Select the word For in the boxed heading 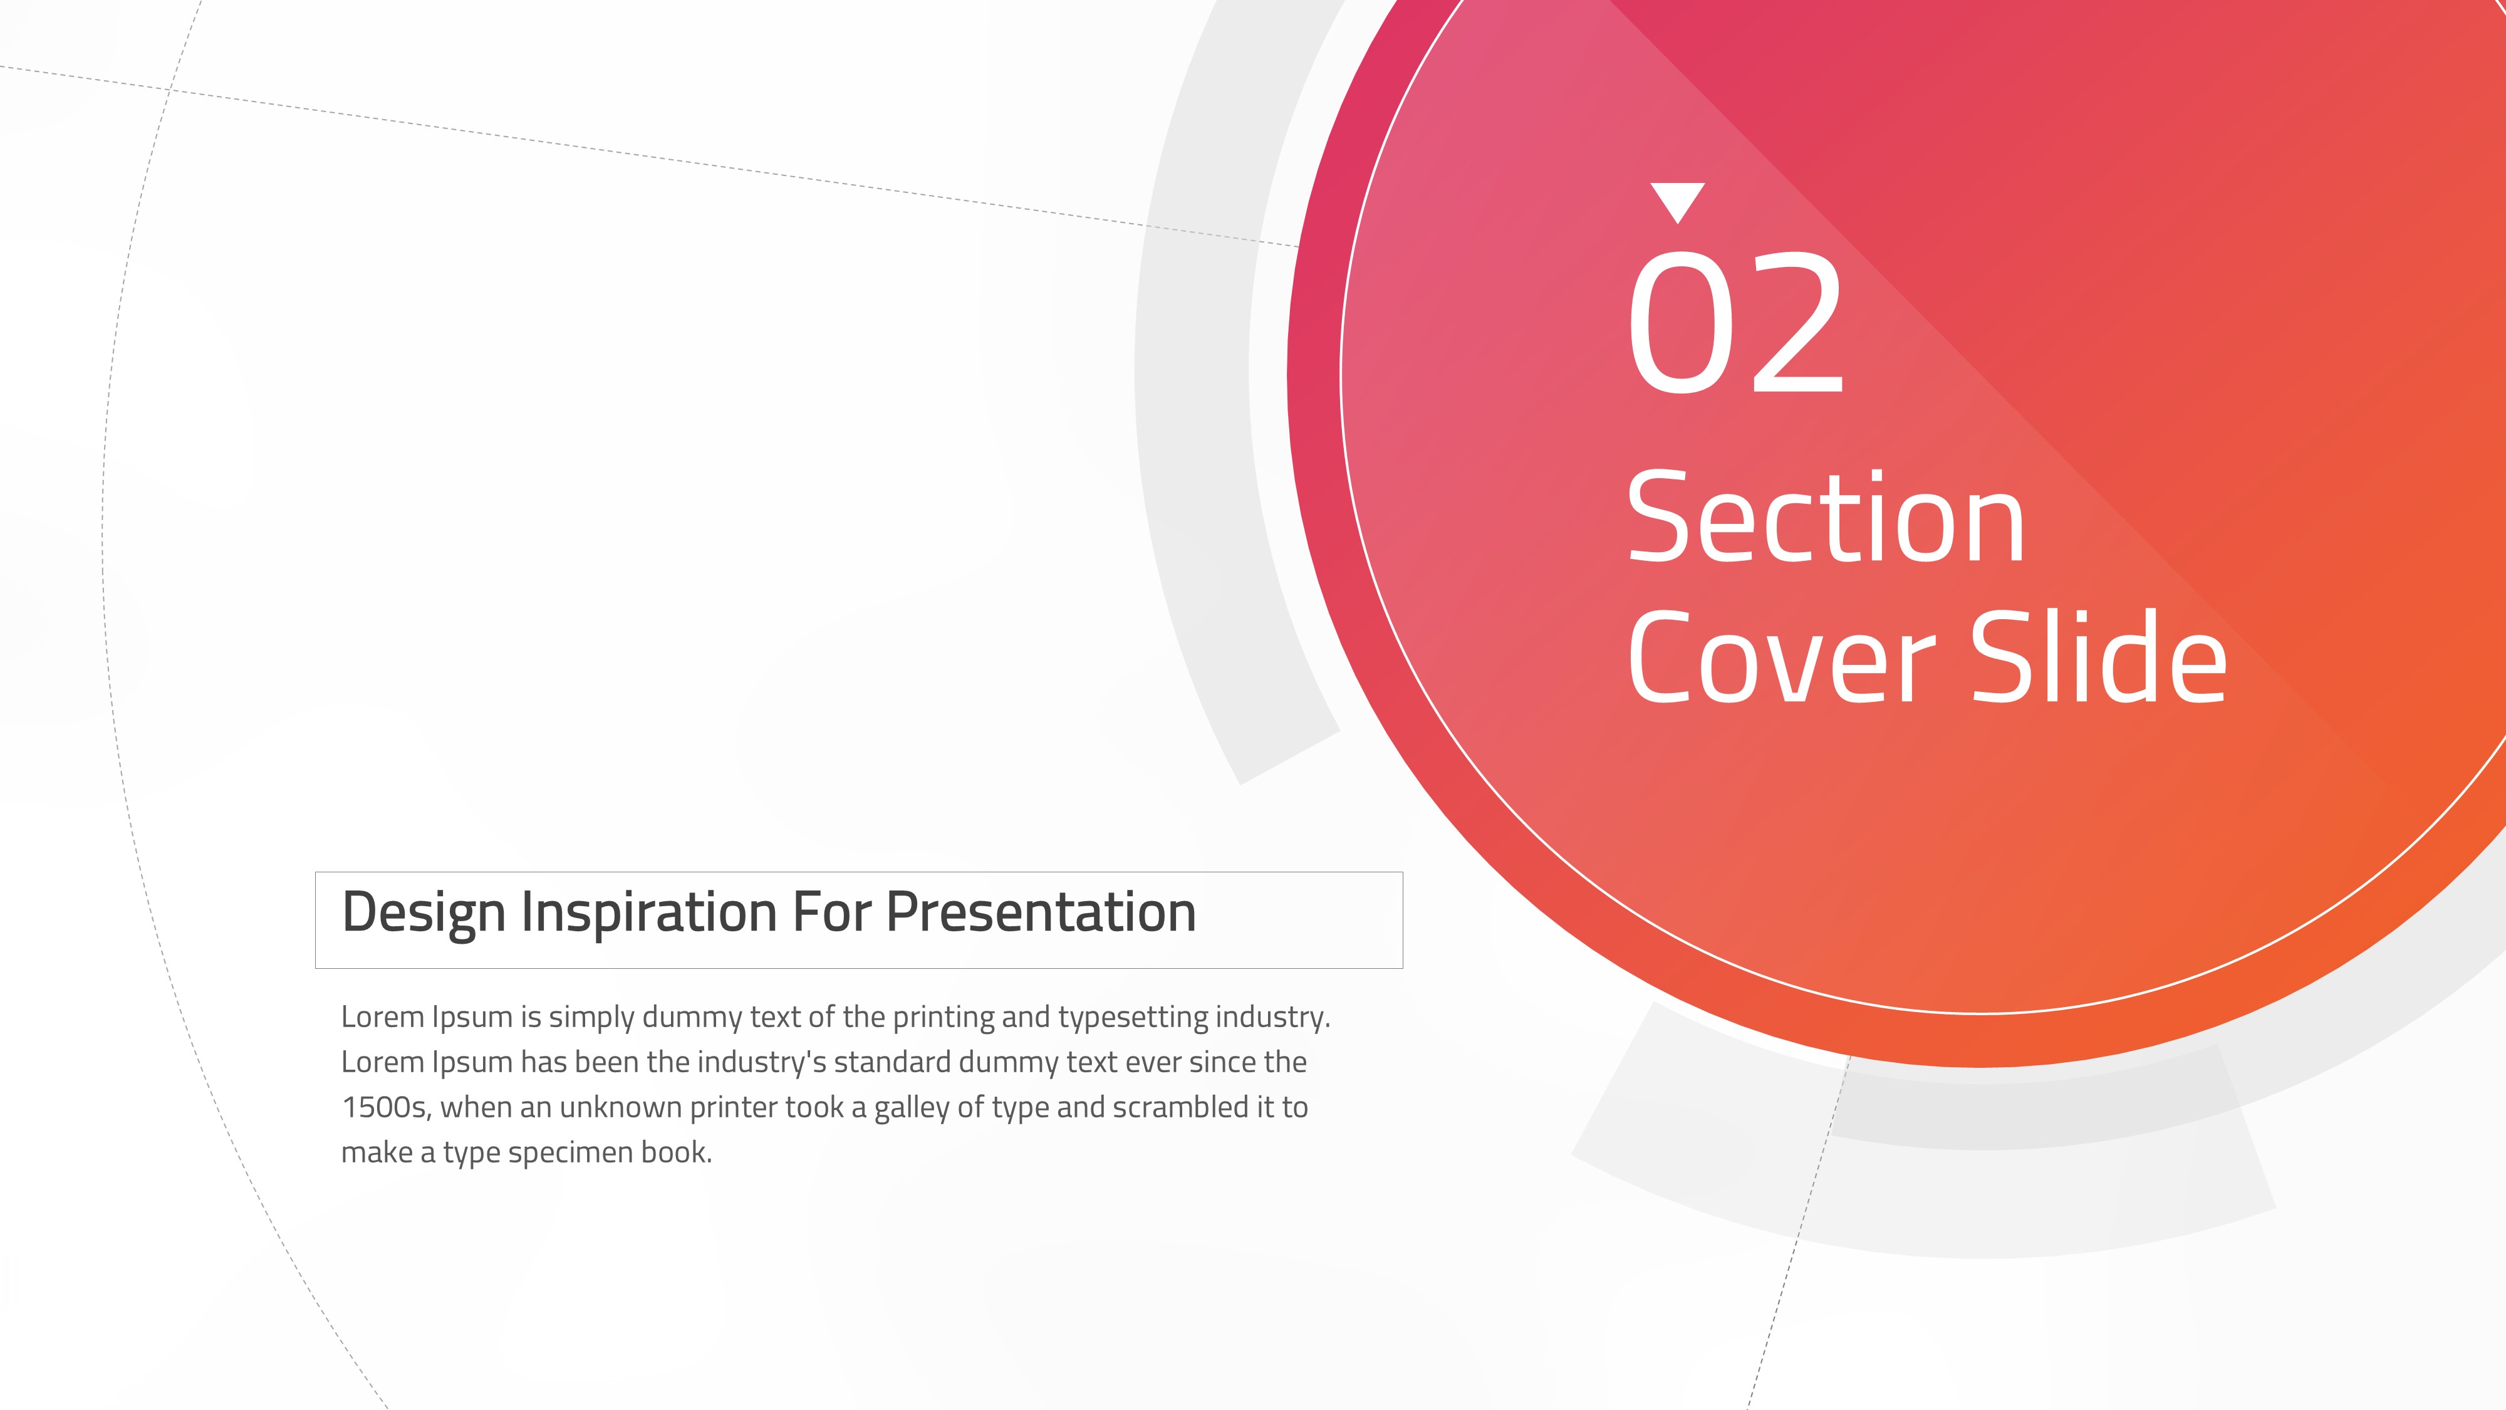[x=830, y=913]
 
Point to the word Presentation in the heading [x=1041, y=913]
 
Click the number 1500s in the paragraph [x=386, y=1107]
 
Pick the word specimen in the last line [x=570, y=1153]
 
